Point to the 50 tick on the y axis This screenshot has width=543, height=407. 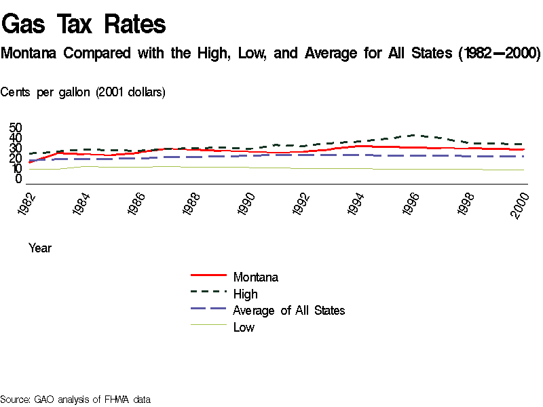(16, 128)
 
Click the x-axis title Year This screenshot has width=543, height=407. (40, 248)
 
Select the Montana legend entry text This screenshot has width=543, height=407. (255, 277)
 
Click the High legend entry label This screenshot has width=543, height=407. (245, 294)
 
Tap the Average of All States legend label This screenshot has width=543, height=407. (288, 311)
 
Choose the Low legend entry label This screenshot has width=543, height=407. (244, 328)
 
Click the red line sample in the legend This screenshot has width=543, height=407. (208, 276)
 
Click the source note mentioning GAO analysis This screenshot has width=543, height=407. (75, 400)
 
